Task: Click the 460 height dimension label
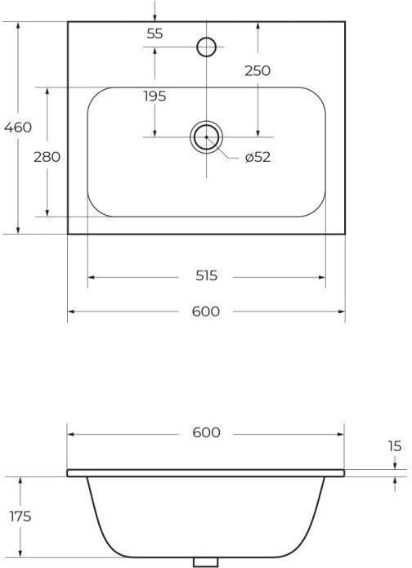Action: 18,127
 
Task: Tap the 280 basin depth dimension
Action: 47,157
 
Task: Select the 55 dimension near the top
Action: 155,34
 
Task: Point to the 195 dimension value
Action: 154,96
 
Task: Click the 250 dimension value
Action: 257,71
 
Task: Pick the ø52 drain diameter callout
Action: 257,157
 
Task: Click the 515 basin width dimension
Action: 207,276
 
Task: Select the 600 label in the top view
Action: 206,311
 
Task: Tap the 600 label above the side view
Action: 206,432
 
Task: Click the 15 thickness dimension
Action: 395,446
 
